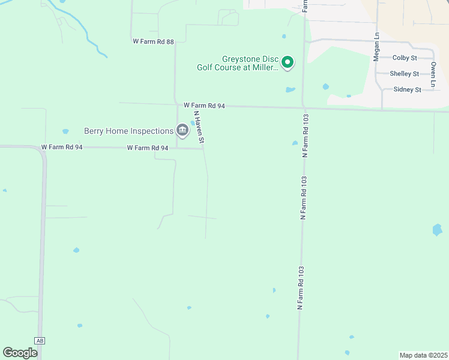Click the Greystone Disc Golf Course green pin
[288, 62]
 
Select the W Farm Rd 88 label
[153, 42]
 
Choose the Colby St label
[405, 58]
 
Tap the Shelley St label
[404, 74]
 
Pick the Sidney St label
[407, 89]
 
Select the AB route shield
[40, 341]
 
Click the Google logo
[20, 352]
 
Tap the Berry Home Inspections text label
[128, 131]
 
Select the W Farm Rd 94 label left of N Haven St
[147, 148]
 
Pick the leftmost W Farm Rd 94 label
[61, 147]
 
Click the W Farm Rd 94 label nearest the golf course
[204, 106]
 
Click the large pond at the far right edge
[437, 229]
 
